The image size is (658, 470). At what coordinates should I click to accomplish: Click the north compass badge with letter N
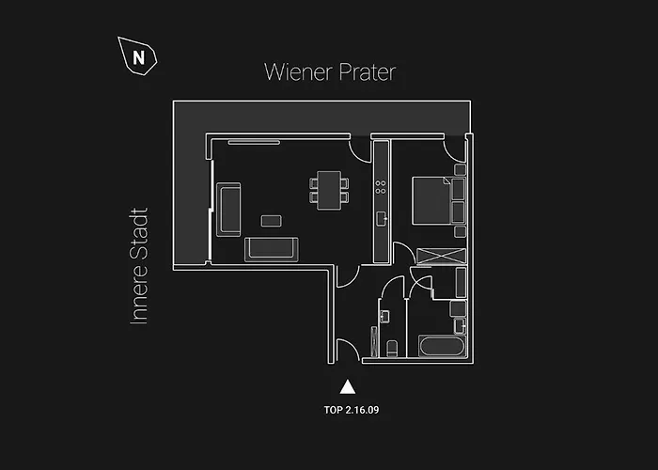pos(137,56)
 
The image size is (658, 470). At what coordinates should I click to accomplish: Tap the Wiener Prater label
pos(330,72)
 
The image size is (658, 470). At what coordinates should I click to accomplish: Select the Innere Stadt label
pos(139,266)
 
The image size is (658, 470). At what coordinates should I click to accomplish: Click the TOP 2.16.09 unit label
pos(352,410)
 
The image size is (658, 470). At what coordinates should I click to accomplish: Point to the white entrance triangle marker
pos(348,387)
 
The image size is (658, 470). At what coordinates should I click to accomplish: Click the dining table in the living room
pos(329,190)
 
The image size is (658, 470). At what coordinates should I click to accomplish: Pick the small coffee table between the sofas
pos(271,221)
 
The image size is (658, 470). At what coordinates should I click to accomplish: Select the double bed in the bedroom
pos(432,200)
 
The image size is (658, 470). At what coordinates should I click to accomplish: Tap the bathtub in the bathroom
pos(443,347)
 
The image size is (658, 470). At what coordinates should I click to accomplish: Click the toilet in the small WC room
pos(392,349)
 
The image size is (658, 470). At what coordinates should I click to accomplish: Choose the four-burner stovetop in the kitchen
pos(381,187)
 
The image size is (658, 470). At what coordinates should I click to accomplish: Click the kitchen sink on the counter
pos(381,219)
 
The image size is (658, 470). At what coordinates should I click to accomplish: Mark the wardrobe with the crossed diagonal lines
pos(441,256)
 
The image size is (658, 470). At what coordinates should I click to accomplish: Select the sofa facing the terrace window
pos(228,210)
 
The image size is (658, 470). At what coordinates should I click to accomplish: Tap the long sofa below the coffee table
pos(271,249)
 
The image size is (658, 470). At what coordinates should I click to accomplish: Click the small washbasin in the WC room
pos(384,317)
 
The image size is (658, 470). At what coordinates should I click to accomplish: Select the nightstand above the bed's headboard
pos(460,170)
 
